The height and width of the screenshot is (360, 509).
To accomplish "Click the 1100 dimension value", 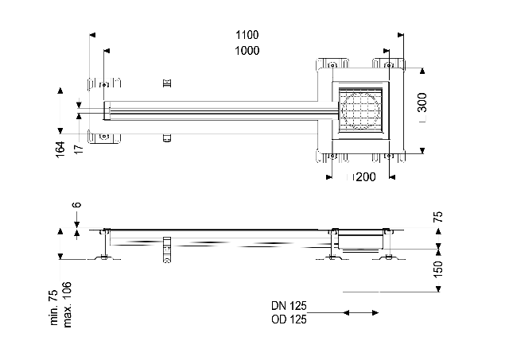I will click(247, 36).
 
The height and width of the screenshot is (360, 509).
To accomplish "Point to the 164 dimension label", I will click(60, 149).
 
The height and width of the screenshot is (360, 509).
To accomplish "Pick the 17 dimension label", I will click(79, 149).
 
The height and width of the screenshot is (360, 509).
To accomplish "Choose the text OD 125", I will click(289, 319).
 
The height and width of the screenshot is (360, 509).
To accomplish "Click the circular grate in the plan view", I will click(360, 110).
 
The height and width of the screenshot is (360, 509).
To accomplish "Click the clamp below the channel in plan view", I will click(166, 138).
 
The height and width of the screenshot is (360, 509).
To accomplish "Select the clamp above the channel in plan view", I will click(166, 83).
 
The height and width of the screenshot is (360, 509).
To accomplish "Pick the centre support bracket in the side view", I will click(166, 249).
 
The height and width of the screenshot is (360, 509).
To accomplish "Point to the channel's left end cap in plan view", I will click(105, 111).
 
